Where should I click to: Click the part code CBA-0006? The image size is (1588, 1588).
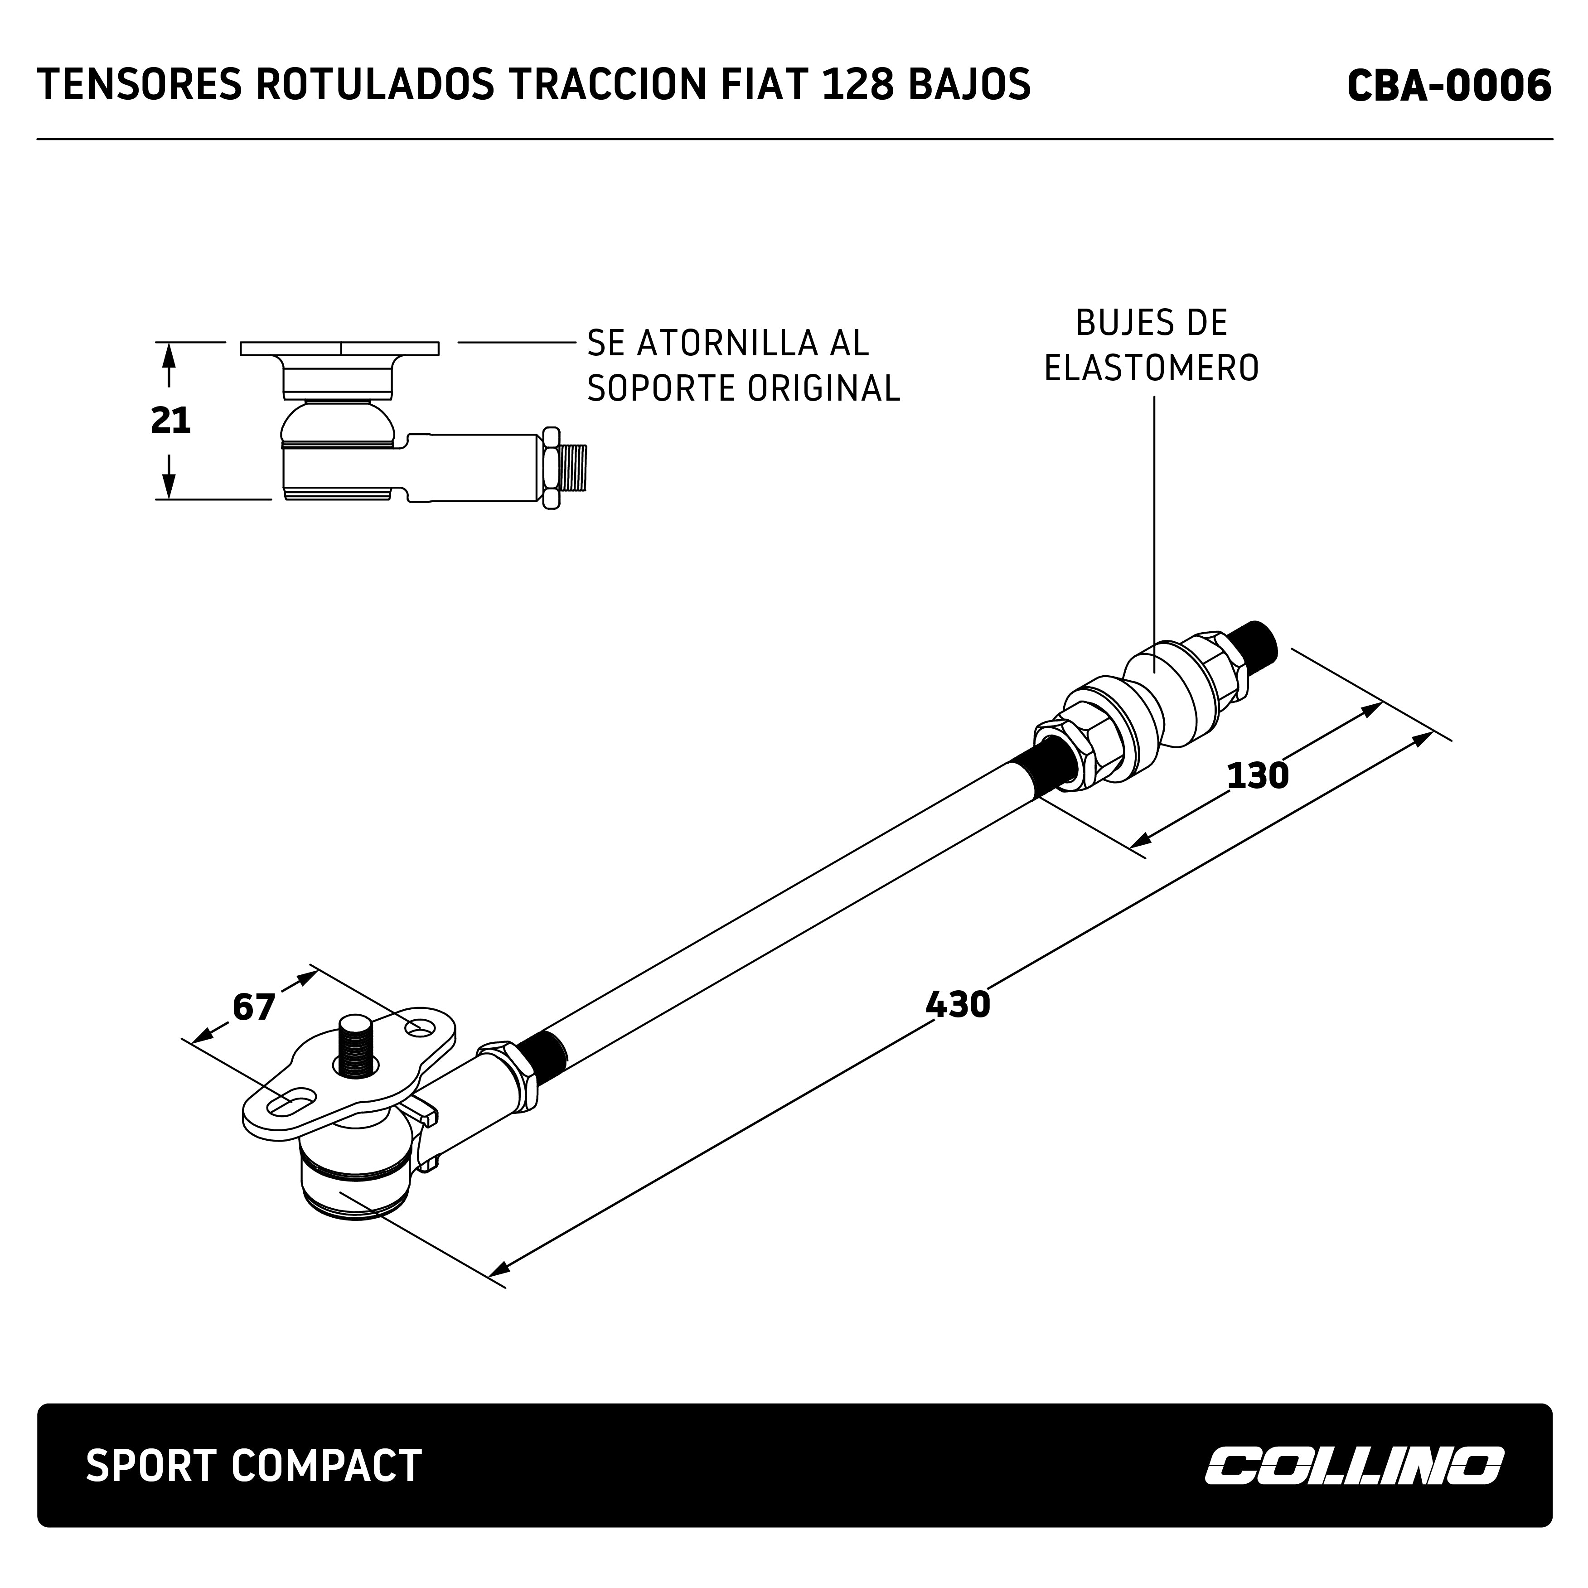pos(1448,86)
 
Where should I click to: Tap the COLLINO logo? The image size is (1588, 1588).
pos(1355,1466)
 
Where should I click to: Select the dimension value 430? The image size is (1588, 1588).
pos(958,1004)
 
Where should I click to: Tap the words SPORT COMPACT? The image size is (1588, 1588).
pos(253,1466)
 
